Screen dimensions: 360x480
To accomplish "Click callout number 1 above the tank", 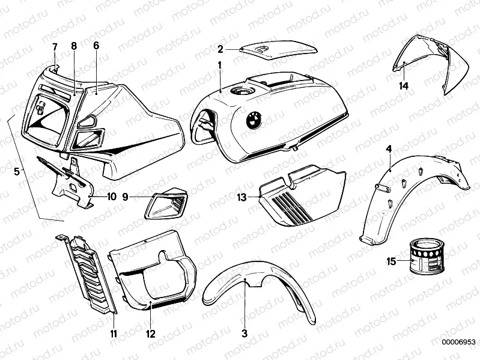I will [220, 64].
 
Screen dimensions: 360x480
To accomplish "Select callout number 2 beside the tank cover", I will [220, 49].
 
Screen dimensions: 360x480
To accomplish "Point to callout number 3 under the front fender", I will [245, 333].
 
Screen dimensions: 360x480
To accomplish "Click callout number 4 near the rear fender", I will [389, 148].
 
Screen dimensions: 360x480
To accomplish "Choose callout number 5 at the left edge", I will [17, 171].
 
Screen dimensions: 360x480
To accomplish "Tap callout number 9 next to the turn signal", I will [126, 196].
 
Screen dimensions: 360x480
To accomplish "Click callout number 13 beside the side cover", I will [242, 197].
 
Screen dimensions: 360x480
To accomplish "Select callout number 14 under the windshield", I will [404, 86].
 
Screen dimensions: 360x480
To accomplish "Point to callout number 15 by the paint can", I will [391, 261].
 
